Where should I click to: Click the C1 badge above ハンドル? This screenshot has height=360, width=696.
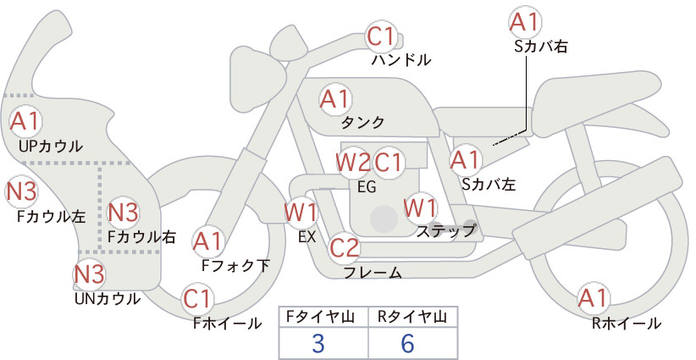(x=381, y=36)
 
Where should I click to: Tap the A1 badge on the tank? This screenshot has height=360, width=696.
(x=335, y=99)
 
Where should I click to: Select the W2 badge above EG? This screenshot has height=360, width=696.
(x=353, y=163)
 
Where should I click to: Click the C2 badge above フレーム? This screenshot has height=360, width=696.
(x=345, y=247)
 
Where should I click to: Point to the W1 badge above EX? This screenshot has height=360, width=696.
(x=301, y=212)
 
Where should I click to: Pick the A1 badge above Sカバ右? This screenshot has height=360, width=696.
(x=525, y=22)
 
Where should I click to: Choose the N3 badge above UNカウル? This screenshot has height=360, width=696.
(x=89, y=274)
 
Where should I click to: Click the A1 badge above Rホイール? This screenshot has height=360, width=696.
(x=593, y=298)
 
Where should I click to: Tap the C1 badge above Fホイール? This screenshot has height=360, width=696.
(x=196, y=299)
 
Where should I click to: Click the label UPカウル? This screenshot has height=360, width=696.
(x=51, y=146)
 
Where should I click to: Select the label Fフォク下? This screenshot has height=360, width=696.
(x=235, y=265)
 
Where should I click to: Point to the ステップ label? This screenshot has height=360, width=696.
(x=445, y=231)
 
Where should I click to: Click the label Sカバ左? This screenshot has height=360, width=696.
(x=489, y=184)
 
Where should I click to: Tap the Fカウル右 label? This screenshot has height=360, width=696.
(x=142, y=237)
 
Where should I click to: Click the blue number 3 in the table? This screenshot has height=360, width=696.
(x=318, y=343)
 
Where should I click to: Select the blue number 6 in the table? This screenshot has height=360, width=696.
(x=407, y=343)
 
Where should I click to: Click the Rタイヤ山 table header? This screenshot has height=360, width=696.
(x=412, y=317)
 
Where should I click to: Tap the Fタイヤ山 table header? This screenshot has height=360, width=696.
(x=320, y=317)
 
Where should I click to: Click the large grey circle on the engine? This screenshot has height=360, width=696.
(x=384, y=219)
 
